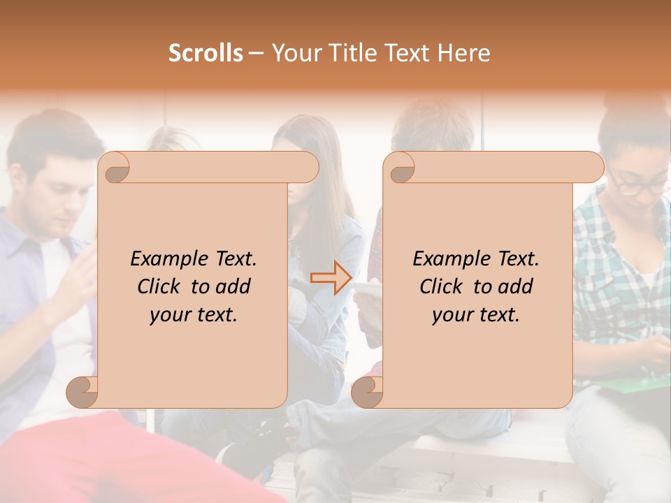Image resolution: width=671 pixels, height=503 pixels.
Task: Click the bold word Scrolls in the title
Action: click(x=205, y=53)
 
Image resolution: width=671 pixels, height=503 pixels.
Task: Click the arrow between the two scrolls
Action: click(x=331, y=278)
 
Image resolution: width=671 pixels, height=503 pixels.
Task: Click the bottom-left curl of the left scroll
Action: click(x=82, y=392)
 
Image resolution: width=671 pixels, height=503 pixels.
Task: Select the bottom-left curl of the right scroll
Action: click(x=368, y=392)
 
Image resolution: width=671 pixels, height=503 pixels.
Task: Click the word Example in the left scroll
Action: click(x=169, y=259)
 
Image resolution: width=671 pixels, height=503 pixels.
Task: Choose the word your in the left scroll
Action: click(x=169, y=315)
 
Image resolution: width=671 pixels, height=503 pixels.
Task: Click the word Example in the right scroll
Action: click(x=452, y=259)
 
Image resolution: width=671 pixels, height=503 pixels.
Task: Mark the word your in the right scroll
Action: click(x=452, y=315)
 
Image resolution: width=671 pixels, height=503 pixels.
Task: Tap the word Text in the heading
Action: click(x=407, y=53)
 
